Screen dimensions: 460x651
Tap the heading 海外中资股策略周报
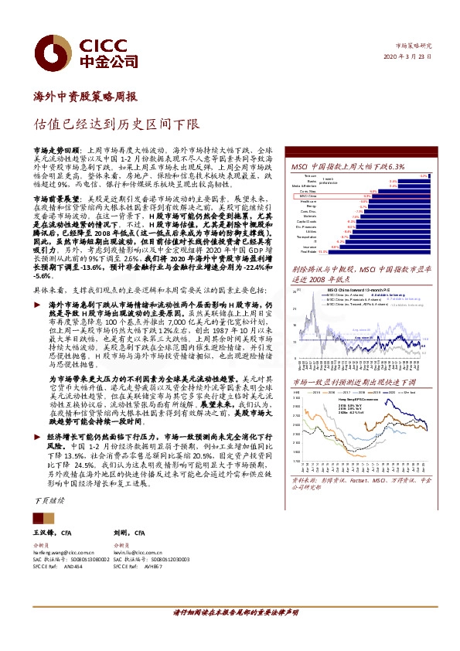85,97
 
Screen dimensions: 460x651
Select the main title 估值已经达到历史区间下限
127,123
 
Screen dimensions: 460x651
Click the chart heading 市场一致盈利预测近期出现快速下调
353,382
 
